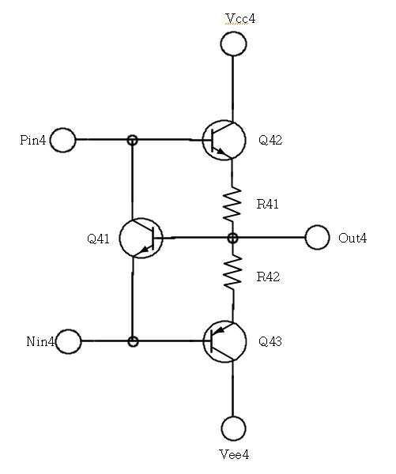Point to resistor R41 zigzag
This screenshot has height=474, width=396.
tap(232, 204)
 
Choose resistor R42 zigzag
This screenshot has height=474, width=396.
tap(232, 272)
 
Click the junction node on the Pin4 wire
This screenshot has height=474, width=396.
tap(132, 140)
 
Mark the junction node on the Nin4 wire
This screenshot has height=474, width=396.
tap(133, 341)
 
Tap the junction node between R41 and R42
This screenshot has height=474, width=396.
tap(232, 238)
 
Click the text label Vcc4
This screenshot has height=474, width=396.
tap(241, 18)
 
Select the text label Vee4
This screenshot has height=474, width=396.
tap(234, 454)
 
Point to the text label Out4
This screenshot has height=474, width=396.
tap(353, 238)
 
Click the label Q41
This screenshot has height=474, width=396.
tap(98, 239)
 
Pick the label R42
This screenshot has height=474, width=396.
tap(268, 276)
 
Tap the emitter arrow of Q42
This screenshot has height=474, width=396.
tap(222, 152)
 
